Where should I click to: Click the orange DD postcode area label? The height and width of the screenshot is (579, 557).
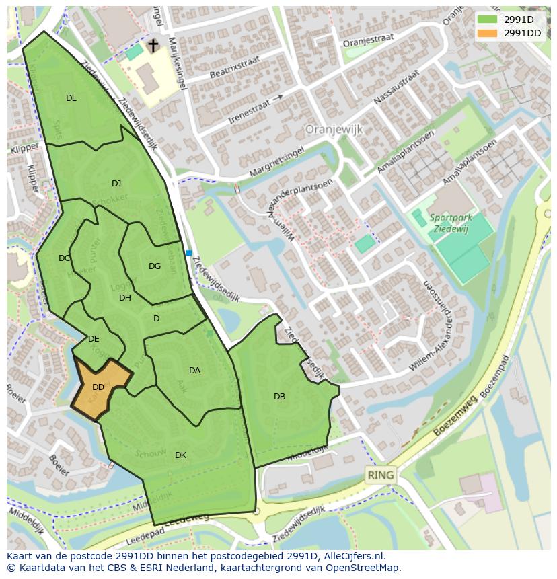pyautogui.click(x=98, y=387)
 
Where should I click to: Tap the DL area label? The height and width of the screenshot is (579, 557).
pyautogui.click(x=71, y=98)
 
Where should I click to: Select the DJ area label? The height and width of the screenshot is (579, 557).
pyautogui.click(x=116, y=184)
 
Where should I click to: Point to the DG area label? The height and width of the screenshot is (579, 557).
pyautogui.click(x=155, y=266)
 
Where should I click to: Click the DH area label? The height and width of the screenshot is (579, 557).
pyautogui.click(x=125, y=298)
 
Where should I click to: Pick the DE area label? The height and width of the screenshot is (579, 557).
pyautogui.click(x=94, y=339)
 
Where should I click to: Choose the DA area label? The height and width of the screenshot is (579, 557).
pyautogui.click(x=194, y=371)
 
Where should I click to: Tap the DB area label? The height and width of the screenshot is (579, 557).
pyautogui.click(x=279, y=397)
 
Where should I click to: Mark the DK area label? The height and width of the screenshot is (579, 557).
pyautogui.click(x=180, y=455)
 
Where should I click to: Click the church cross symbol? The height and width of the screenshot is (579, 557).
pyautogui.click(x=153, y=45)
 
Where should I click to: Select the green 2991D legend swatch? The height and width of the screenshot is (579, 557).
pyautogui.click(x=487, y=20)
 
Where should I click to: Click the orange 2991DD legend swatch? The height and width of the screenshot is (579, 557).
pyautogui.click(x=487, y=33)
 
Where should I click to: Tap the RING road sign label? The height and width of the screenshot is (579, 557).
pyautogui.click(x=380, y=475)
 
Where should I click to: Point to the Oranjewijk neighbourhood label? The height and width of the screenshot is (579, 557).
pyautogui.click(x=334, y=128)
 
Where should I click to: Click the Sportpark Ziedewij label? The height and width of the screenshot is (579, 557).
pyautogui.click(x=451, y=223)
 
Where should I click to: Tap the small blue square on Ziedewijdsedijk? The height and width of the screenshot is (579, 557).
pyautogui.click(x=189, y=254)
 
